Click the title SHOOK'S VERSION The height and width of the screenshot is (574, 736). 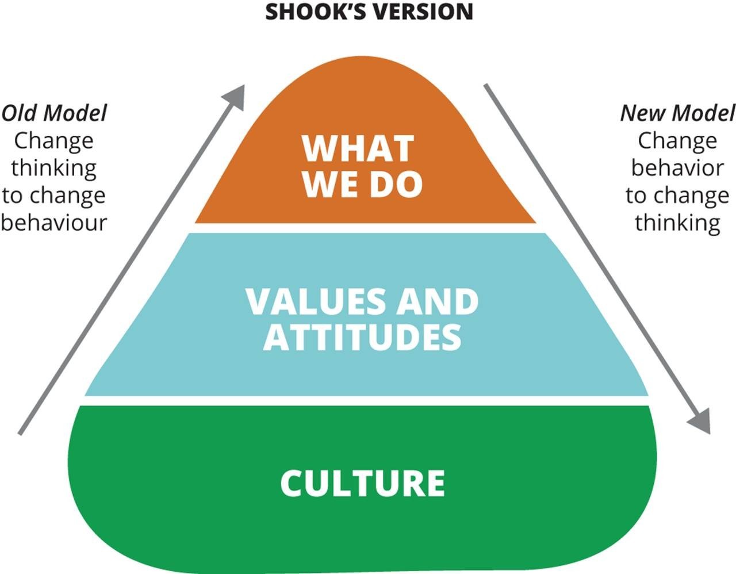point(369,12)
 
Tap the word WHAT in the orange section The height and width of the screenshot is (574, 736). point(358,148)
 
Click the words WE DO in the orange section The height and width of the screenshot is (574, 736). point(362,184)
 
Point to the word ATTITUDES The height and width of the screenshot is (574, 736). point(362,336)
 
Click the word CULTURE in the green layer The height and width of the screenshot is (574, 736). point(362,483)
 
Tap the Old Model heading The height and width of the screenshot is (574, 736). point(54,113)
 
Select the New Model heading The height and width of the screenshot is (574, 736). point(677,113)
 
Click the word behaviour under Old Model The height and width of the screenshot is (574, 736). point(54,222)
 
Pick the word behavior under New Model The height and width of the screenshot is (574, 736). point(677,168)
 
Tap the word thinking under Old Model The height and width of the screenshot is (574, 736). point(54,168)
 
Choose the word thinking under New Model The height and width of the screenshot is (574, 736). point(677,222)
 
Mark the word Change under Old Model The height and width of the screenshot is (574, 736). point(54,140)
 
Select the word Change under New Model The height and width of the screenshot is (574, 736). point(677,140)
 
